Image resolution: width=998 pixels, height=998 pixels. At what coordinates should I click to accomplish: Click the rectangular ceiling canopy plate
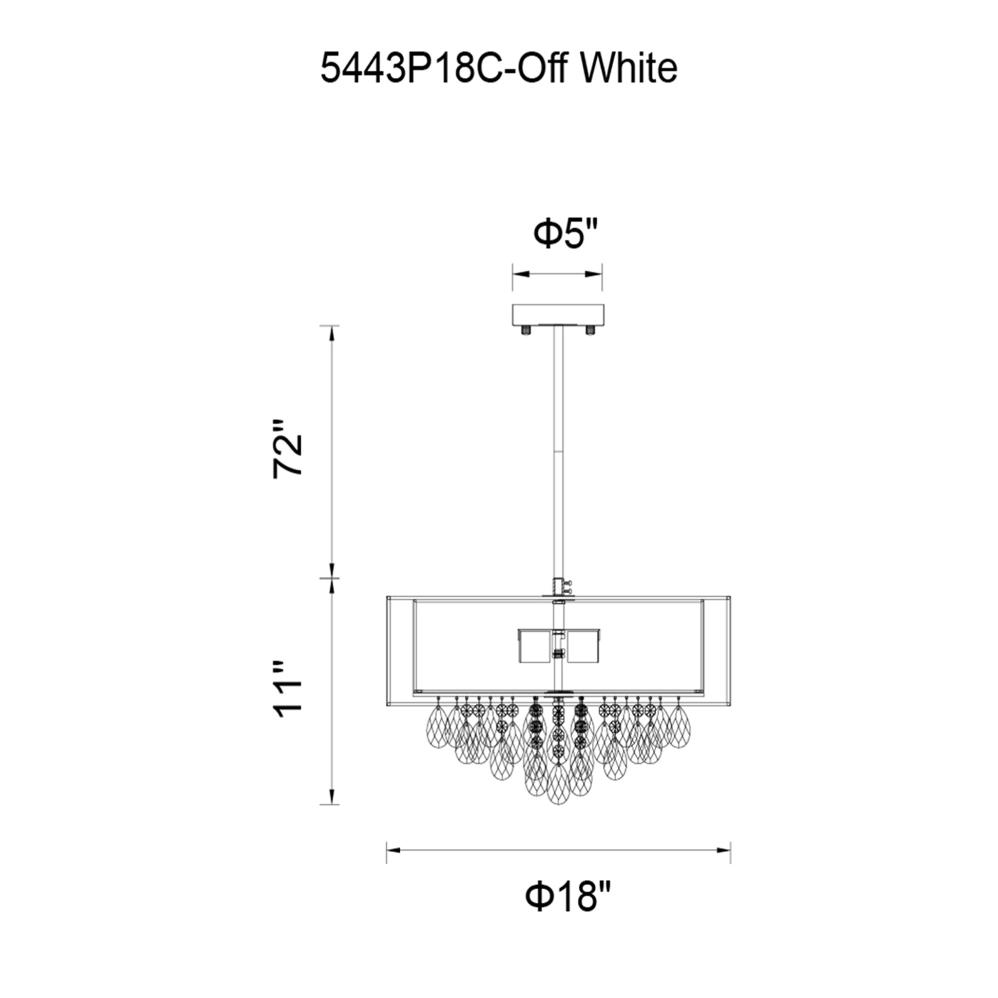557,313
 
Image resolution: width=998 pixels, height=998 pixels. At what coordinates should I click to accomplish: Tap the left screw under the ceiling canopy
526,329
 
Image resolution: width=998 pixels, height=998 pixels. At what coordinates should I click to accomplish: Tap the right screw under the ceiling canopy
589,329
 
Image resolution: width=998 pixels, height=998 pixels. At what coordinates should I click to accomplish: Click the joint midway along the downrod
558,452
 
